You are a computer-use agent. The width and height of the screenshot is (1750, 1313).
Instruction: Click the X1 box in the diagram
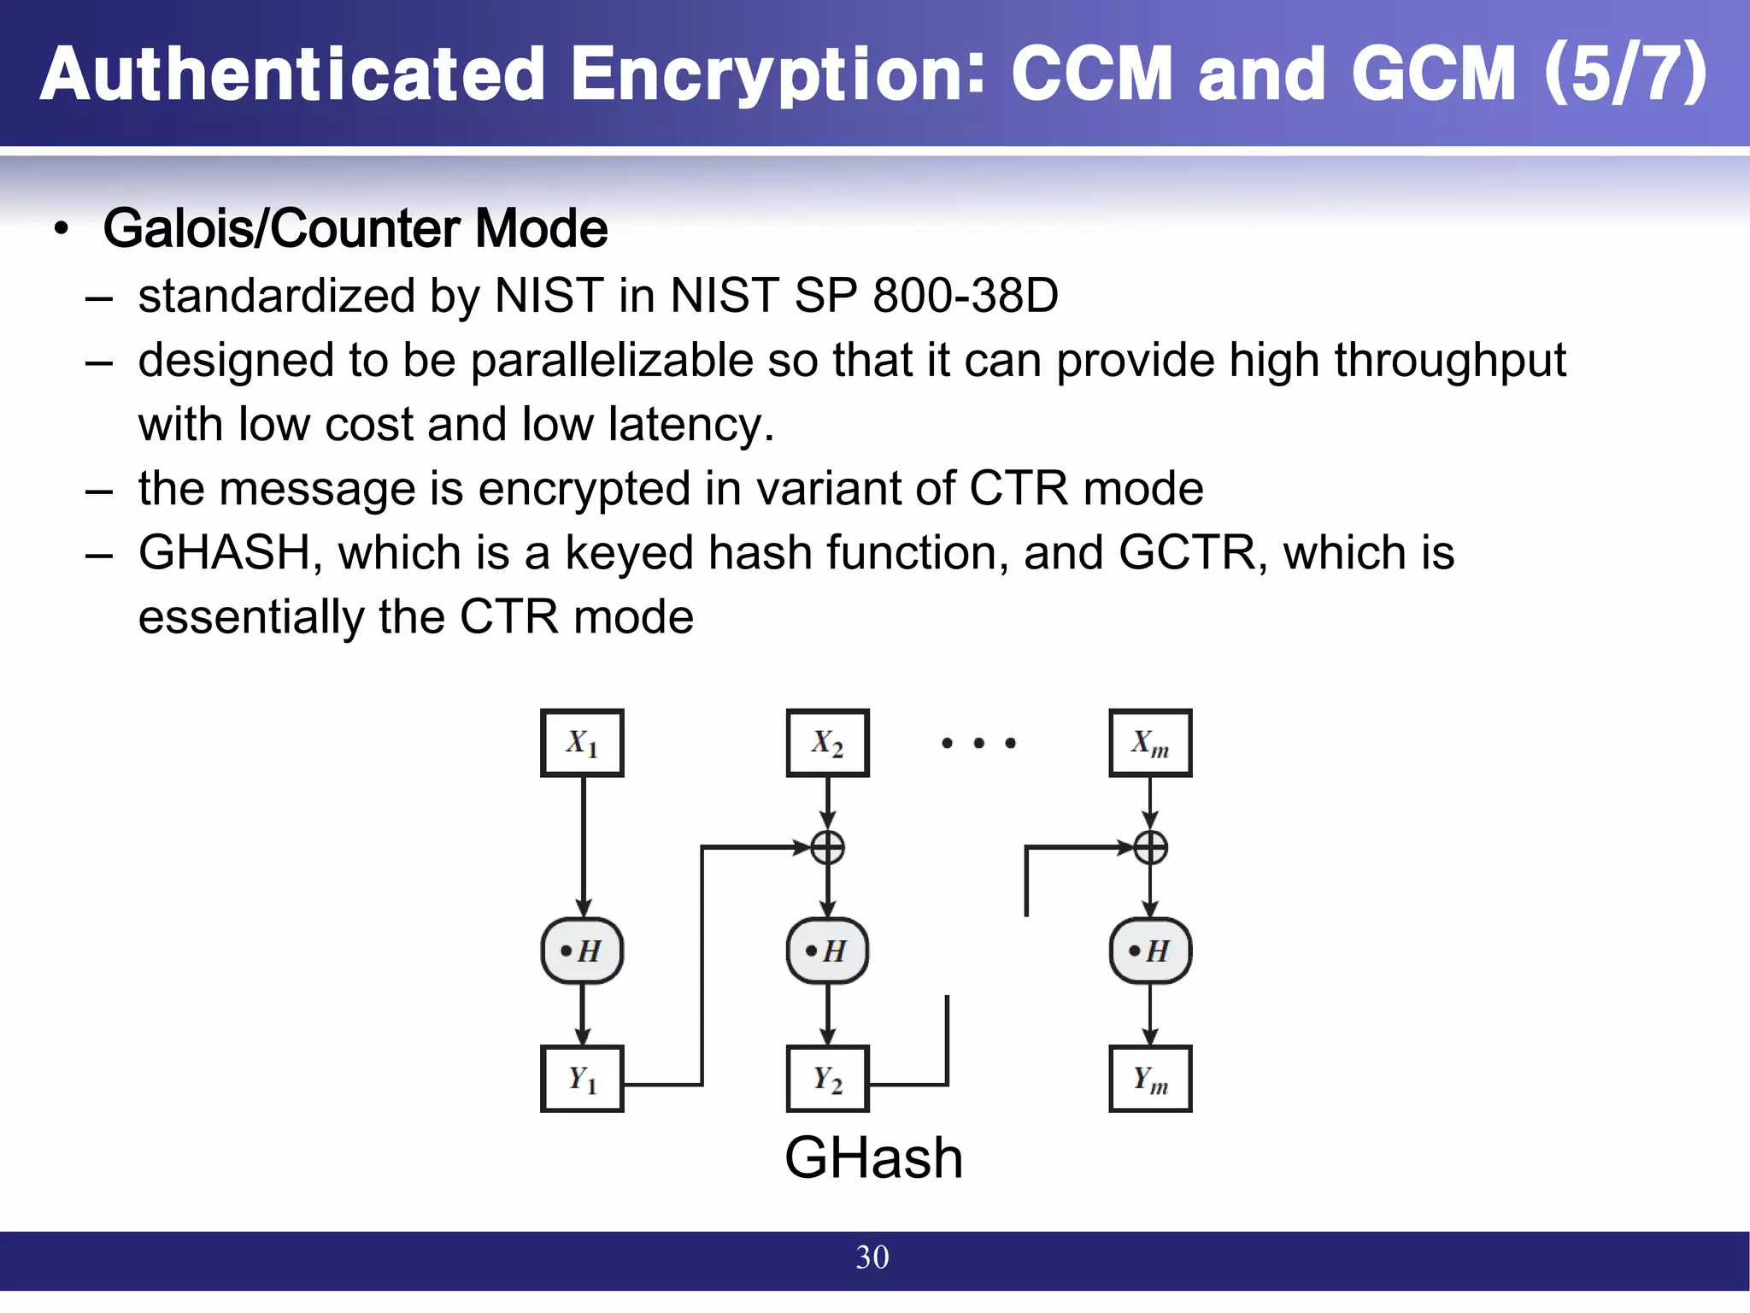[x=582, y=743]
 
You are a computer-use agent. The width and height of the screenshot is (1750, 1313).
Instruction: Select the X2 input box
[x=827, y=743]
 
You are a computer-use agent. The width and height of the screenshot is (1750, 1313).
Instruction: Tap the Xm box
[x=1150, y=743]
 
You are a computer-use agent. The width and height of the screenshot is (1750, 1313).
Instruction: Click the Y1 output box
[x=582, y=1079]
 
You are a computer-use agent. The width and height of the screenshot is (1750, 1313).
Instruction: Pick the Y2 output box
[x=827, y=1079]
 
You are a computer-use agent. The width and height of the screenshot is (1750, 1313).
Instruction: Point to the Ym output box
[x=1150, y=1079]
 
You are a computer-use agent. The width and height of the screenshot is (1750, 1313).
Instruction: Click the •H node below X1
[x=582, y=951]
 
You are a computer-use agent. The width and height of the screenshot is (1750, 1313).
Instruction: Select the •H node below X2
[x=827, y=951]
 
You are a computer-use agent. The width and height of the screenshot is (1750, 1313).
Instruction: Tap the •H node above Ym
[x=1150, y=951]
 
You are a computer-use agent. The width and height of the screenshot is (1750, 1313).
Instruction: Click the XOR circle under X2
[x=827, y=848]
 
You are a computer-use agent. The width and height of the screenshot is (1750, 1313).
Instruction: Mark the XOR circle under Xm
[x=1150, y=848]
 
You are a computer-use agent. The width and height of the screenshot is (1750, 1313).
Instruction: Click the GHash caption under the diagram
[x=873, y=1158]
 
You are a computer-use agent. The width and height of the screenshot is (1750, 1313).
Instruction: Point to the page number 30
[x=872, y=1257]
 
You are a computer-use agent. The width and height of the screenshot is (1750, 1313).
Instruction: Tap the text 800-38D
[x=966, y=296]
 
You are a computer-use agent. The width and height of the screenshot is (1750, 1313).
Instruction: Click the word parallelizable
[x=612, y=361]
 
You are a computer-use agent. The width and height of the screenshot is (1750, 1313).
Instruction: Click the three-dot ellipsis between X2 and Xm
[x=978, y=743]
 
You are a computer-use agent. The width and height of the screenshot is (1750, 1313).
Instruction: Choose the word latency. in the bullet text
[x=690, y=425]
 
